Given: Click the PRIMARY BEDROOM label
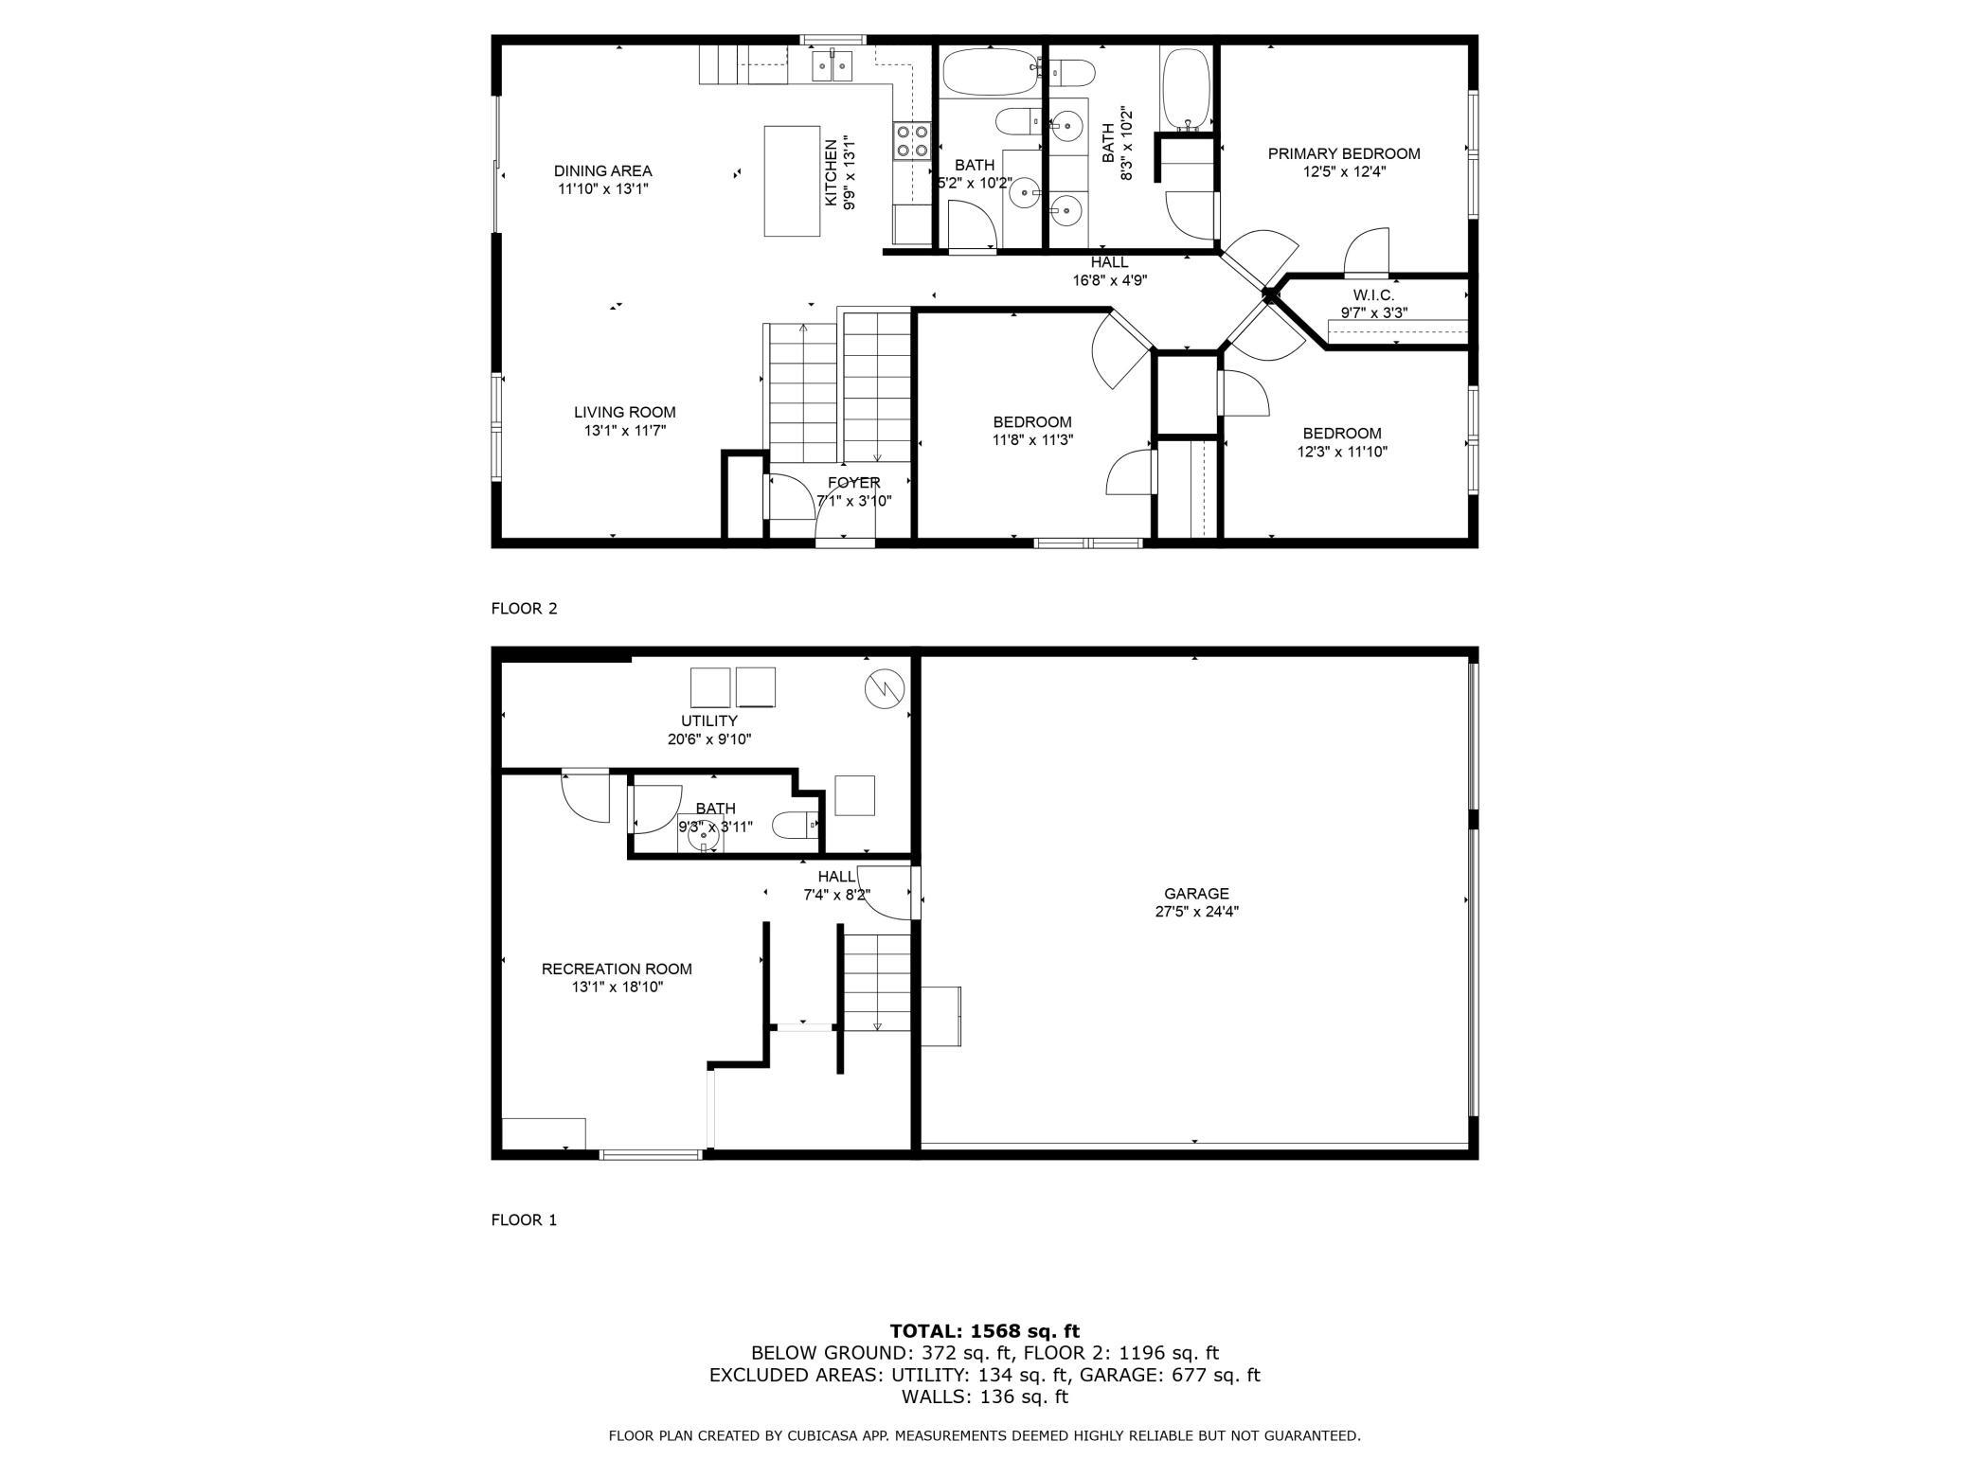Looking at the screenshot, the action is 1344,153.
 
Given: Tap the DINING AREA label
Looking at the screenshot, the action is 603,171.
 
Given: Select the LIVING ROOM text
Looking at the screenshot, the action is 625,413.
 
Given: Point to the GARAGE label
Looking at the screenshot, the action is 1197,894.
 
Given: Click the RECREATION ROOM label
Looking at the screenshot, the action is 617,970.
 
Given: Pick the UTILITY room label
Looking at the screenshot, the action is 709,721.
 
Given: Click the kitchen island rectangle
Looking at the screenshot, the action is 793,181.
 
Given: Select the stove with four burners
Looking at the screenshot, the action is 910,141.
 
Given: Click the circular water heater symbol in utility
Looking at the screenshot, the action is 885,690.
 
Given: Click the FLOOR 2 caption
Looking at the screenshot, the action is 525,609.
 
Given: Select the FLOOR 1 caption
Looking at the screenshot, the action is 525,1220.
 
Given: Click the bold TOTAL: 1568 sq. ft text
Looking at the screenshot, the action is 985,1331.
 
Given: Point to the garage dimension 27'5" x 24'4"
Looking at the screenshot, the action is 1197,912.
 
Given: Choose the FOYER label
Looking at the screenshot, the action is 854,483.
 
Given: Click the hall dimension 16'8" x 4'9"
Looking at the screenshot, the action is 1110,280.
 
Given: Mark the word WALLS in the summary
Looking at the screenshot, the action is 933,1397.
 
